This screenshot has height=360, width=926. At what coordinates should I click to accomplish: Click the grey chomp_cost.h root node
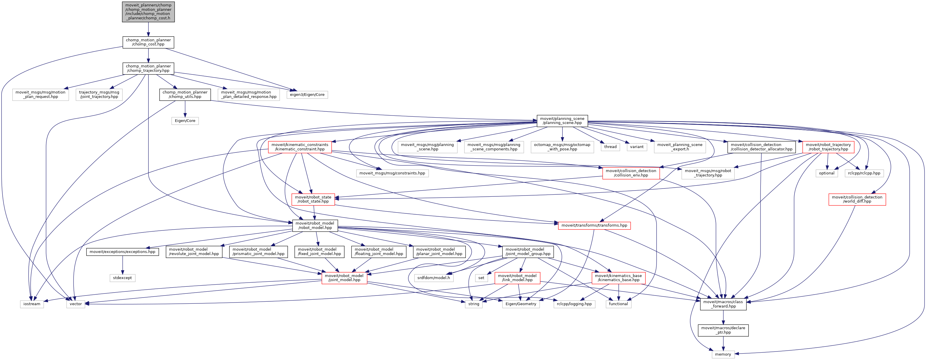[148, 11]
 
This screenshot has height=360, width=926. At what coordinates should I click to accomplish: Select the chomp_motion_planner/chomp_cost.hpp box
[148, 42]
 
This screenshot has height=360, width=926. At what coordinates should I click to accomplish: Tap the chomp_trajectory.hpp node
[148, 68]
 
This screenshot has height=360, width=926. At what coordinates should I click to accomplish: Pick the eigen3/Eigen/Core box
[307, 95]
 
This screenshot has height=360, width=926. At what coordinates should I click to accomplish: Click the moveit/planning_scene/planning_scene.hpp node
[562, 120]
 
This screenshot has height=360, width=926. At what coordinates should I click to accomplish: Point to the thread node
[610, 147]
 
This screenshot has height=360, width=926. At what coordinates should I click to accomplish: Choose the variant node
[637, 147]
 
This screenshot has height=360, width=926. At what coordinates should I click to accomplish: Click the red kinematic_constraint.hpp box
[299, 147]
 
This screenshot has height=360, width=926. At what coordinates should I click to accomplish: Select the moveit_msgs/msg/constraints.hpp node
[392, 173]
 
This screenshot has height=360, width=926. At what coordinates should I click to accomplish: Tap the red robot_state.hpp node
[313, 199]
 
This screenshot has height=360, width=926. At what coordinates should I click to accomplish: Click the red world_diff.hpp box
[857, 199]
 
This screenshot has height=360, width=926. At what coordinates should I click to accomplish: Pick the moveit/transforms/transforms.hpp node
[594, 225]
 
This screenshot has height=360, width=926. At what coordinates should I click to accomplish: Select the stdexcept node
[122, 278]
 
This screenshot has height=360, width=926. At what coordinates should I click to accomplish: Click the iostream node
[32, 304]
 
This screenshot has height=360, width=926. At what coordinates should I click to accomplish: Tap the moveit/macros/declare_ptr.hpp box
[723, 330]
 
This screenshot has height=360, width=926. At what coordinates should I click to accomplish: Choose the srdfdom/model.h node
[433, 278]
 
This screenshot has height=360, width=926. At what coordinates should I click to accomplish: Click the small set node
[481, 278]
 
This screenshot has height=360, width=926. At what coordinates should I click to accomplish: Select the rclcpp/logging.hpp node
[574, 304]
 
